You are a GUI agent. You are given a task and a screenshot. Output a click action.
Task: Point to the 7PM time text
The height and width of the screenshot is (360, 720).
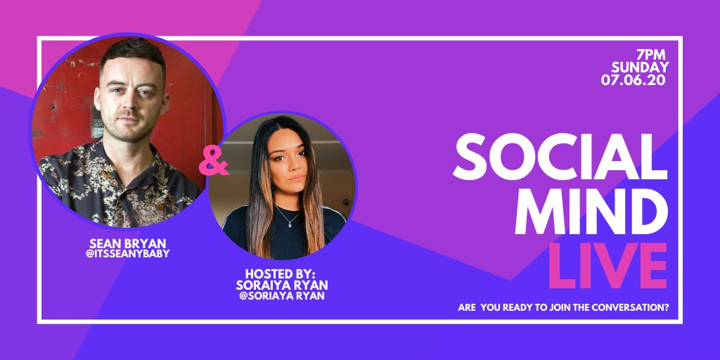click(x=652, y=55)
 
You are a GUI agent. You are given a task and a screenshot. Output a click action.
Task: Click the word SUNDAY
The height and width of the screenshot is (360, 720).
click(x=639, y=67)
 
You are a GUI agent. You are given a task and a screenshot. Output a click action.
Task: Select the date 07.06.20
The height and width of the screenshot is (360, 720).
click(x=634, y=80)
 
